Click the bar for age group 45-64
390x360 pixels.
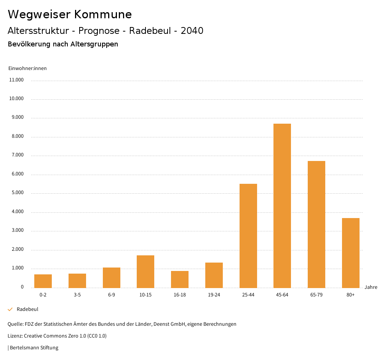coord(282,205)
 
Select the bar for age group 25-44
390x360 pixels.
coord(248,236)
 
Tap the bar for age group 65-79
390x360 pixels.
coord(316,224)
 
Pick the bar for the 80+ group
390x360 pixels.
coord(350,253)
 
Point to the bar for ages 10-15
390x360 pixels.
coord(145,271)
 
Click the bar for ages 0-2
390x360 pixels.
coord(43,281)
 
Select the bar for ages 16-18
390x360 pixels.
coord(180,279)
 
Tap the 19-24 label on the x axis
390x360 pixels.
coord(214,295)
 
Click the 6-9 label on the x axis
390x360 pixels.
coord(112,295)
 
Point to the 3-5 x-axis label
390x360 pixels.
coord(77,295)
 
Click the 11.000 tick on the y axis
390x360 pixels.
coord(16,80)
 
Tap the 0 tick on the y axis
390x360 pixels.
coord(22,287)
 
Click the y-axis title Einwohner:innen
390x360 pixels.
coord(27,68)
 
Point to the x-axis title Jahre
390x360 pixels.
coord(371,287)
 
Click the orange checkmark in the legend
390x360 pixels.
coord(10,309)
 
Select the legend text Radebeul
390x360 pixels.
coord(27,309)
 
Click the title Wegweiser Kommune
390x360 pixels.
coord(70,14)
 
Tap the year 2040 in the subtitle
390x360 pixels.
coord(192,31)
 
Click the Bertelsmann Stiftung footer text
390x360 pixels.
coord(34,348)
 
